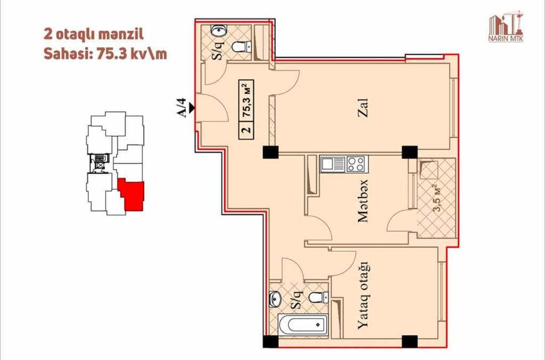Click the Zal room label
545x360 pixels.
point(363,108)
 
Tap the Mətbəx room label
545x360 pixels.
point(363,201)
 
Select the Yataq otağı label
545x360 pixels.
point(362,296)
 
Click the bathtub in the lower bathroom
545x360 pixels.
point(303,325)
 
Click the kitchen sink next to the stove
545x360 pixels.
point(333,164)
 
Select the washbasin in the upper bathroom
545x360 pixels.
point(219,30)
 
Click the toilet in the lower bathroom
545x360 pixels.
point(318,298)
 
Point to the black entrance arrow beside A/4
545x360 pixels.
point(192,108)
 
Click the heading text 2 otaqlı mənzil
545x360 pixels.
point(94,35)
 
